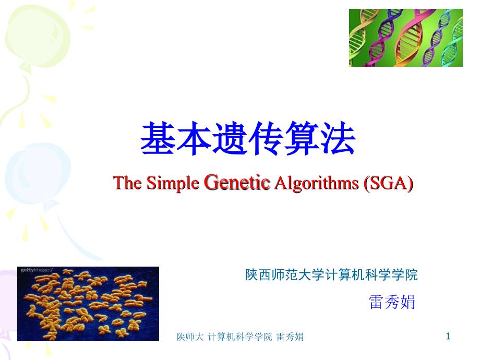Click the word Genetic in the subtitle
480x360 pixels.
pyautogui.click(x=237, y=182)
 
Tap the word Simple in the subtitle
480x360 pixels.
pyautogui.click(x=173, y=183)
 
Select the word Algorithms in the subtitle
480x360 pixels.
pyautogui.click(x=316, y=183)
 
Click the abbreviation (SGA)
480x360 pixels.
pyautogui.click(x=389, y=183)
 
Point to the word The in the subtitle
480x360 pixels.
pyautogui.click(x=127, y=183)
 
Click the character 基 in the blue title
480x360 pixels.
pyautogui.click(x=158, y=138)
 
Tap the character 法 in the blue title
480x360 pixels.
pyautogui.click(x=338, y=138)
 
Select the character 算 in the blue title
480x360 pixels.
pyautogui.click(x=302, y=138)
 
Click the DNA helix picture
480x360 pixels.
pyautogui.click(x=405, y=38)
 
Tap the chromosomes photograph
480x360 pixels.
pyautogui.click(x=88, y=304)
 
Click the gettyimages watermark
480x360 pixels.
pyautogui.click(x=37, y=270)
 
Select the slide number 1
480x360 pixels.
pyautogui.click(x=448, y=337)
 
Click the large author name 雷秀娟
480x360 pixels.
pyautogui.click(x=392, y=302)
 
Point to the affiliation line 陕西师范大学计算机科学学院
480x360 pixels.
pyautogui.click(x=331, y=274)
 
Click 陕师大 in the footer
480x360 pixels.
pyautogui.click(x=190, y=337)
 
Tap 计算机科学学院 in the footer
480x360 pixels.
pyautogui.click(x=239, y=337)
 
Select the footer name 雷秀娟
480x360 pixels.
pyautogui.click(x=290, y=337)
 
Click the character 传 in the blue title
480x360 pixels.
pyautogui.click(x=266, y=138)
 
